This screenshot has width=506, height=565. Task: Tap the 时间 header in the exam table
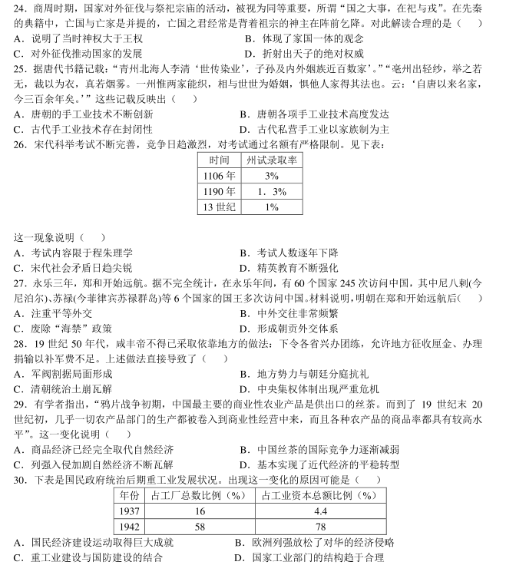pos(219,160)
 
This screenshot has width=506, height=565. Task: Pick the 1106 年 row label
pos(219,176)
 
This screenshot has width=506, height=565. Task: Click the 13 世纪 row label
pos(219,207)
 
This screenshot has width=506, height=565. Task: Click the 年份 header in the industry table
pos(129,495)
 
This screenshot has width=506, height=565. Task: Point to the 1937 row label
pos(129,510)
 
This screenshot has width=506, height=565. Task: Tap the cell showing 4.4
pos(321,510)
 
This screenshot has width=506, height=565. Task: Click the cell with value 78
pos(321,527)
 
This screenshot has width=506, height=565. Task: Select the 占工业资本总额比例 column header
pos(321,495)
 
